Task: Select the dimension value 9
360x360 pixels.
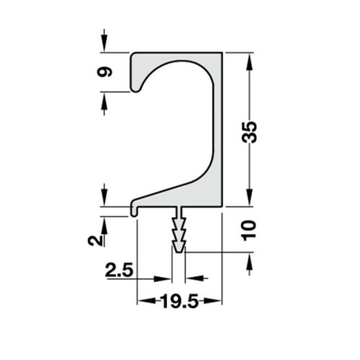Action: [105, 72]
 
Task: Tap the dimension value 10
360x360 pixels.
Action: [249, 230]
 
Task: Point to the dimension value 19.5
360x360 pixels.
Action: [179, 303]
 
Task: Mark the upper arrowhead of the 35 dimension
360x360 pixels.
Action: [249, 58]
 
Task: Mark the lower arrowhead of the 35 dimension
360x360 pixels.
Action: [249, 201]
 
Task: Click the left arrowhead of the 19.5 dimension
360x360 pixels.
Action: [142, 302]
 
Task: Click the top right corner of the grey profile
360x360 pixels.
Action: [221, 53]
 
